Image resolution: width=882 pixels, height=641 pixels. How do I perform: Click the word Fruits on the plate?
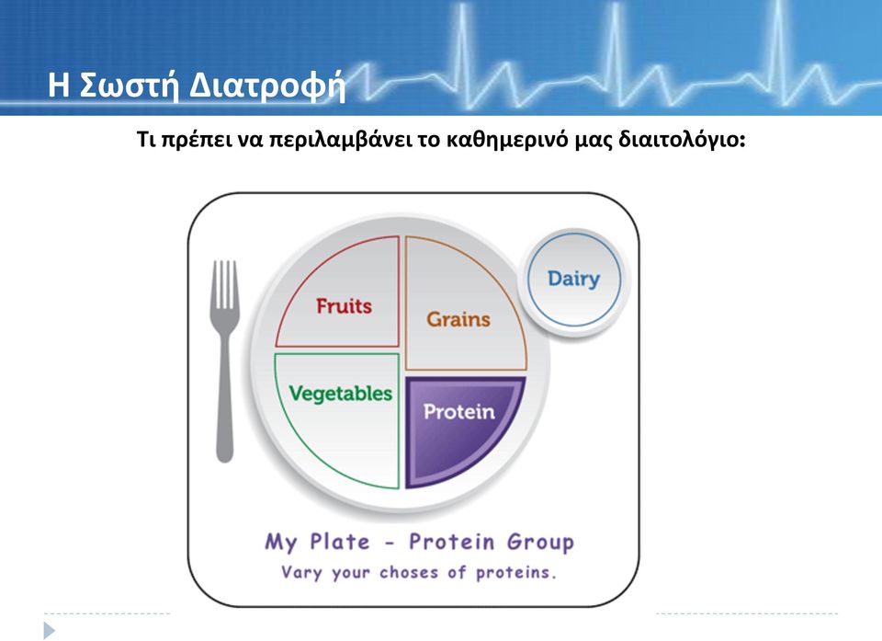point(344,306)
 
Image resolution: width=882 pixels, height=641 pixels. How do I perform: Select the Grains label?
point(458,319)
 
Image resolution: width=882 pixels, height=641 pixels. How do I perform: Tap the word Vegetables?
point(340,394)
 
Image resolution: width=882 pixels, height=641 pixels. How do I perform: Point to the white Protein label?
point(459,412)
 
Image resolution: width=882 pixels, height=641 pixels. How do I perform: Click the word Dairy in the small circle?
point(573,279)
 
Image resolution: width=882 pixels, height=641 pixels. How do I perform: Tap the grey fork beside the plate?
point(225,361)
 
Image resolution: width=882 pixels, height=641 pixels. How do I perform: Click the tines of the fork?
point(225,284)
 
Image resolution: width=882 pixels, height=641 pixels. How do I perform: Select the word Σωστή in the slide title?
point(130,85)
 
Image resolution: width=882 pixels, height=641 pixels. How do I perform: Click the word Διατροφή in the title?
point(267,86)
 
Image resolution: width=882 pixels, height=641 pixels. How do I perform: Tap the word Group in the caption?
point(540,542)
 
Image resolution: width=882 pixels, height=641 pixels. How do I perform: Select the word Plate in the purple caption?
point(340,542)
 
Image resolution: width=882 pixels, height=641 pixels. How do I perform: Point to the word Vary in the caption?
point(301,573)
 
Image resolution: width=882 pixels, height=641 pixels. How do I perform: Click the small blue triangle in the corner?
point(50,630)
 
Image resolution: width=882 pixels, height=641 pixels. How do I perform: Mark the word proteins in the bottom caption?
point(515,573)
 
